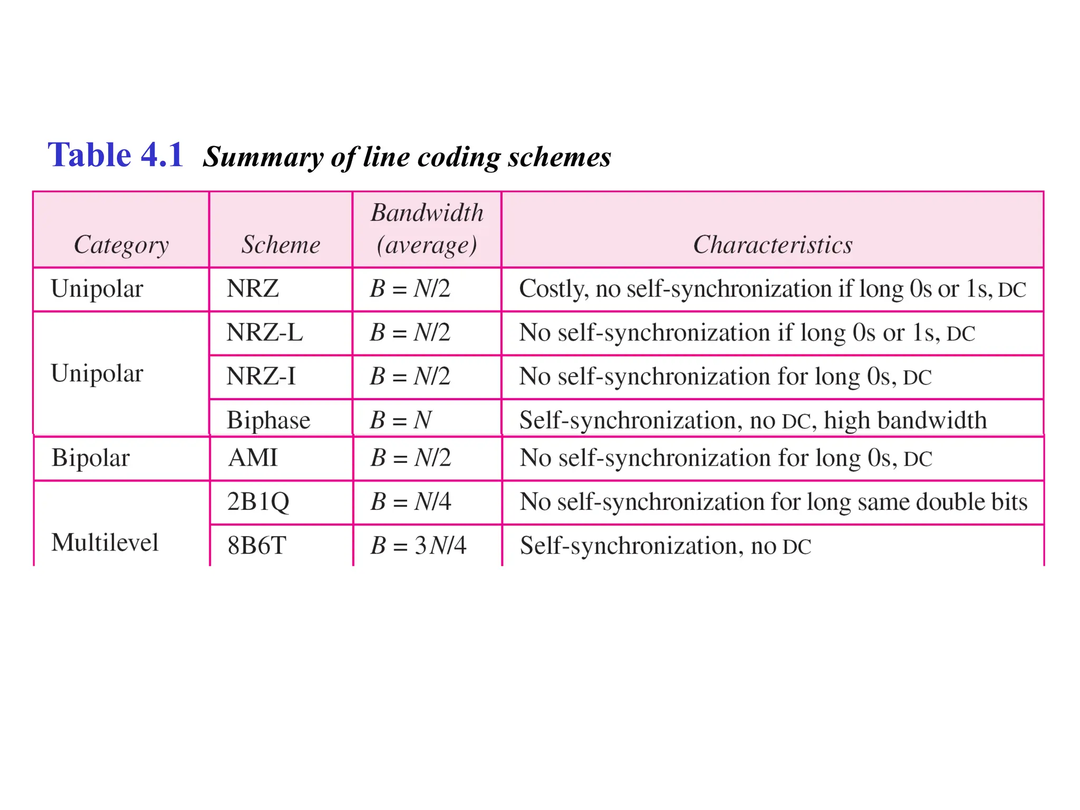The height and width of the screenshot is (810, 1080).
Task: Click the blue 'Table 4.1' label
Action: click(x=115, y=155)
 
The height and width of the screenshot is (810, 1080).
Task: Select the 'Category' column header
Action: click(x=121, y=245)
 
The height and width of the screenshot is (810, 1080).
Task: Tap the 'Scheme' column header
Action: click(x=281, y=245)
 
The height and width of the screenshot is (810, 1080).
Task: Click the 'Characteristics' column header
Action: click(x=773, y=245)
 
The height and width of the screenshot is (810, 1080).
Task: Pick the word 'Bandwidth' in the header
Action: click(x=427, y=213)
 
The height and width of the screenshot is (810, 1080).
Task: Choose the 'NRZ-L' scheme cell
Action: click(x=265, y=333)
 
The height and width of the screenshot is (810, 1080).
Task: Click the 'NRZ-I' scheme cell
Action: click(x=261, y=377)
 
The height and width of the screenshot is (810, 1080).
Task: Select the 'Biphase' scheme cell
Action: click(x=268, y=420)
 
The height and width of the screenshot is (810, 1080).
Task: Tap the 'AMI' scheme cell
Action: click(x=253, y=458)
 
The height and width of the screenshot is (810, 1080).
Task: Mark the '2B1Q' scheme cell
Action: click(x=258, y=502)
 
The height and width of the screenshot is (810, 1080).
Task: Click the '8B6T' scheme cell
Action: click(x=257, y=545)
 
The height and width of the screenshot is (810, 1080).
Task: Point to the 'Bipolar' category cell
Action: click(x=91, y=458)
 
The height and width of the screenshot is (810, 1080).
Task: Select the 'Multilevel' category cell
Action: click(x=105, y=543)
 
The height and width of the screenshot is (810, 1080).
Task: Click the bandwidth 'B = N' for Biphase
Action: click(x=401, y=420)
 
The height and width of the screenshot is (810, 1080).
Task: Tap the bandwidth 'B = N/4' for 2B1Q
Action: click(x=411, y=502)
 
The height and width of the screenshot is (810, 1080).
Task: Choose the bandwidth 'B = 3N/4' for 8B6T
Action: click(x=418, y=545)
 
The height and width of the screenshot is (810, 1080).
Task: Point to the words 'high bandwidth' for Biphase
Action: click(x=905, y=420)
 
